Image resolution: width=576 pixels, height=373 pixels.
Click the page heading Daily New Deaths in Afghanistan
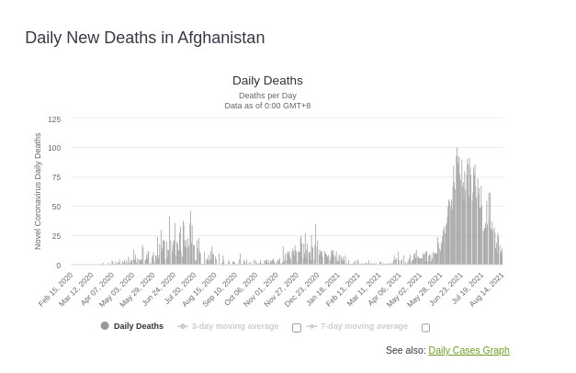tap(144, 38)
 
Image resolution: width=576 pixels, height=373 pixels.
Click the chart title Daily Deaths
tap(267, 81)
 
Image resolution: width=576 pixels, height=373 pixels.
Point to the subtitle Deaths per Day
tap(267, 96)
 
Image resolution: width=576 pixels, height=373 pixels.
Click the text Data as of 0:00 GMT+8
tap(267, 106)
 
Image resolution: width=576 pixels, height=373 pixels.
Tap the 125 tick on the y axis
tap(54, 119)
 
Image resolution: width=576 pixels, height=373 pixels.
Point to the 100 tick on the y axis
tap(54, 148)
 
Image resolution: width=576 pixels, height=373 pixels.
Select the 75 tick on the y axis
tap(56, 177)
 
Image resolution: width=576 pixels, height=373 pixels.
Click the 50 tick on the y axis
tap(56, 207)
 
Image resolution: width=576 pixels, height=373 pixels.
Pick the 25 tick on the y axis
tap(56, 236)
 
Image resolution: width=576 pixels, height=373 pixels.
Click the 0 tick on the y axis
tap(58, 266)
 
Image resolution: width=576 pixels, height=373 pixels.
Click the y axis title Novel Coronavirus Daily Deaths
tap(38, 191)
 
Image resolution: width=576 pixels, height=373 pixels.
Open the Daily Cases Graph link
tap(469, 350)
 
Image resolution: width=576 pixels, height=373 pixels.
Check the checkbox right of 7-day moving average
tap(425, 327)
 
